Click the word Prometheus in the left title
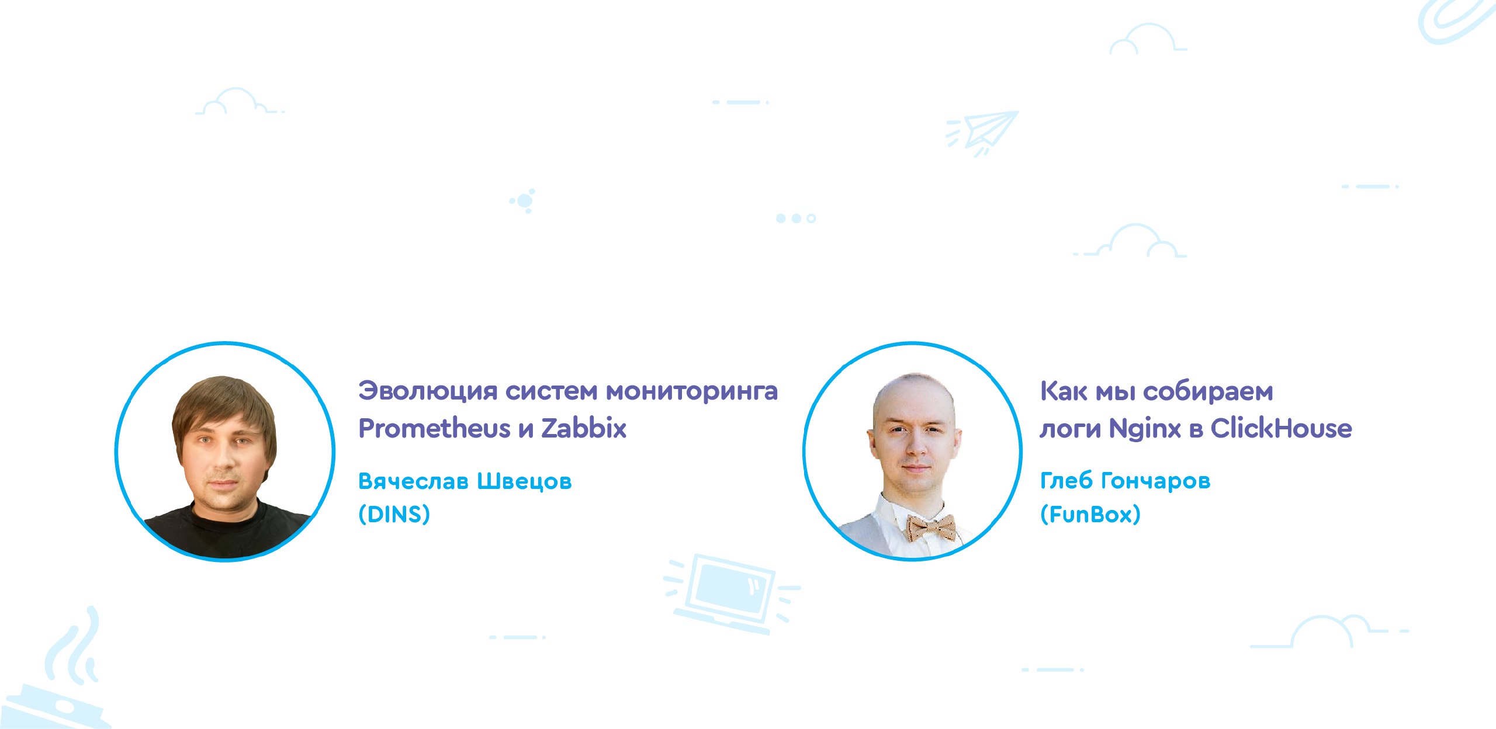[x=434, y=428]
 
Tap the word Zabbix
[x=584, y=428]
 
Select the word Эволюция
[x=428, y=391]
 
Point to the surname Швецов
[x=524, y=482]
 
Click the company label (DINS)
[x=394, y=514]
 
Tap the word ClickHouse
[x=1281, y=428]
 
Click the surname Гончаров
[x=1155, y=481]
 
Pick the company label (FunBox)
[x=1090, y=514]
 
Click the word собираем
[x=1207, y=391]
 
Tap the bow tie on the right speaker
[x=930, y=527]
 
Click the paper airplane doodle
[x=984, y=133]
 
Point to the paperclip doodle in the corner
[x=1455, y=21]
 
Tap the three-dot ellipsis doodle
[x=796, y=218]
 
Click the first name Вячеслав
[x=413, y=481]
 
